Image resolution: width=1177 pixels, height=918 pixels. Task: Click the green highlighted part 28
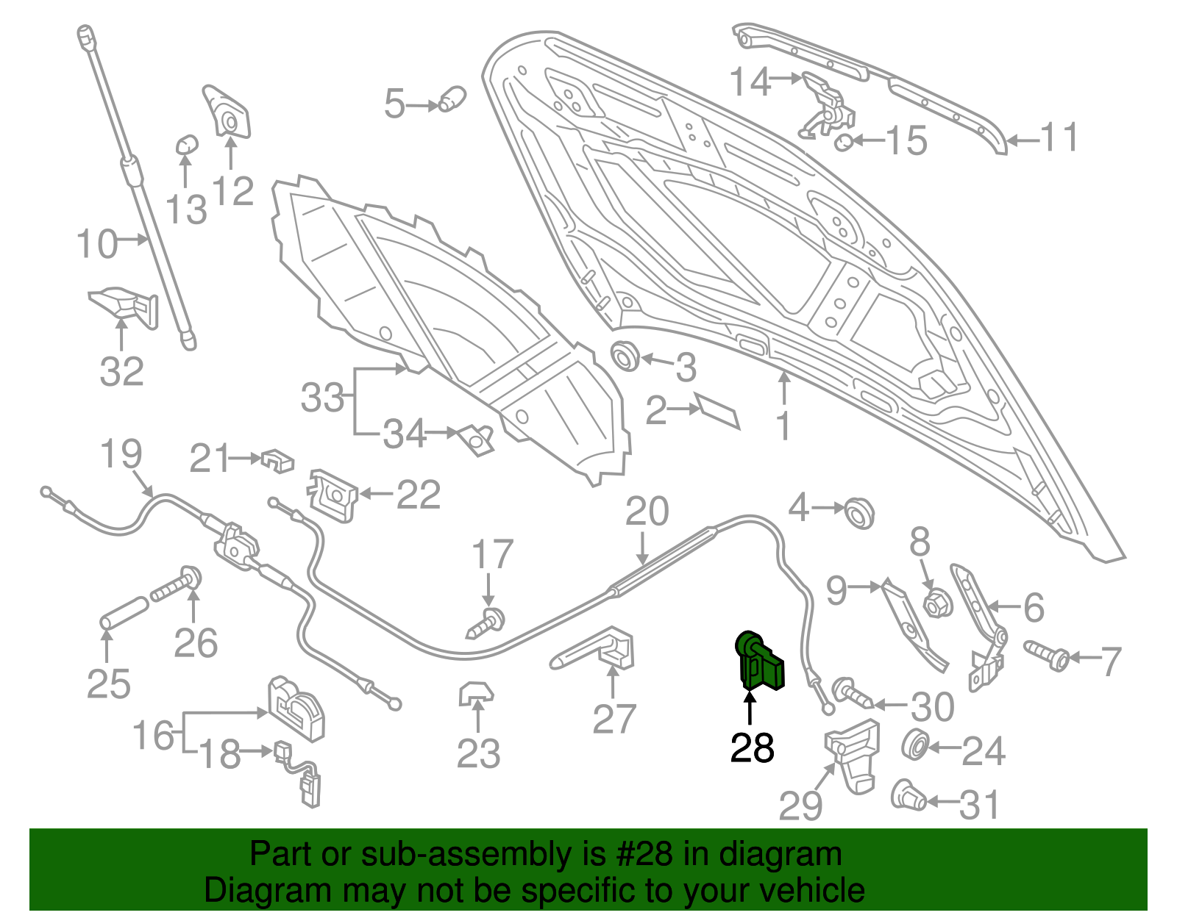[x=761, y=661]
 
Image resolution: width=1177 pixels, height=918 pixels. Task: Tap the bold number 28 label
[x=752, y=748]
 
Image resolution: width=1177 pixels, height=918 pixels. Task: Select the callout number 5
[x=394, y=104]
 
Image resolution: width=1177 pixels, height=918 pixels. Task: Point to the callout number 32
[x=121, y=371]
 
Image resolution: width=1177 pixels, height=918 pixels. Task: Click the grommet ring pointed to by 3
[x=626, y=356]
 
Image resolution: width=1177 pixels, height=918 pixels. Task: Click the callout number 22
[x=418, y=495]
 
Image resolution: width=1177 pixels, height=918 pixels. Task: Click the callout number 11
[x=1059, y=138]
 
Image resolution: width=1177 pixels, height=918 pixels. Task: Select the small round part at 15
[x=844, y=141]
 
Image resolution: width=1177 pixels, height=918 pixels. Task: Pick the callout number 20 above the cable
[x=647, y=512]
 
